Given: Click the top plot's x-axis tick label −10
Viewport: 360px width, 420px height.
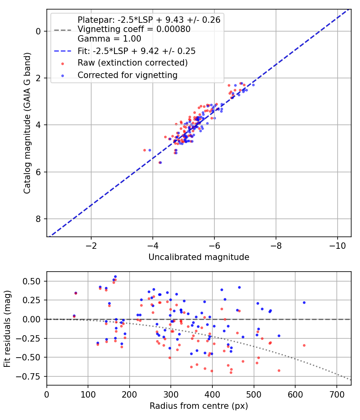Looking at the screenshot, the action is pos(337,246).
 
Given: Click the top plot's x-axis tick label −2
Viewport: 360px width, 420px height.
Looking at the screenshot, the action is pos(91,246).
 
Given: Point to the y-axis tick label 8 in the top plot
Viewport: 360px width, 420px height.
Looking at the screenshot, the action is pos(38,219).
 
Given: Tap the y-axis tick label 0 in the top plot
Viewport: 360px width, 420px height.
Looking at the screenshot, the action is pos(38,31).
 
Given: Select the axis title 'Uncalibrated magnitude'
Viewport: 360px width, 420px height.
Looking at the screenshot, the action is pos(199,257).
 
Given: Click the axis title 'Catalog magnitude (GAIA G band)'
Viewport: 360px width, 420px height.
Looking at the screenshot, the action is pos(27,123).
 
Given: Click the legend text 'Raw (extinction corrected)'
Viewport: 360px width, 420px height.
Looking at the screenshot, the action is pos(132,63).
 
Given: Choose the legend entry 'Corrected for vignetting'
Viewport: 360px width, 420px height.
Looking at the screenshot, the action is pos(128,75).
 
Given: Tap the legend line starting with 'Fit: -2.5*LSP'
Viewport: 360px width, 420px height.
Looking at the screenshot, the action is pos(137,51).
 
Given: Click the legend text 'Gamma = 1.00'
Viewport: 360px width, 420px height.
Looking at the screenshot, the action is pos(109,38).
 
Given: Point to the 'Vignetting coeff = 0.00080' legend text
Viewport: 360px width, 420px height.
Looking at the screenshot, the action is pos(134,29).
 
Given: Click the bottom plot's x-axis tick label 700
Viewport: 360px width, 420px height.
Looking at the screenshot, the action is pos(336,394).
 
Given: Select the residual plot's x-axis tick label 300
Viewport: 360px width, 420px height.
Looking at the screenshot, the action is pos(171,394).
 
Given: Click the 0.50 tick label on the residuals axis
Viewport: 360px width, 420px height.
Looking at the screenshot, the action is pos(31,281).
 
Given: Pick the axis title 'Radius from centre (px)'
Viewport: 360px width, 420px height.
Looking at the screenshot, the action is pos(199,406).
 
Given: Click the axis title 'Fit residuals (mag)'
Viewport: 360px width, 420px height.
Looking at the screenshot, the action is pos(7,329).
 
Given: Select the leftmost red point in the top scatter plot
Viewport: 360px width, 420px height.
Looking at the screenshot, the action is pos(145,150).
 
